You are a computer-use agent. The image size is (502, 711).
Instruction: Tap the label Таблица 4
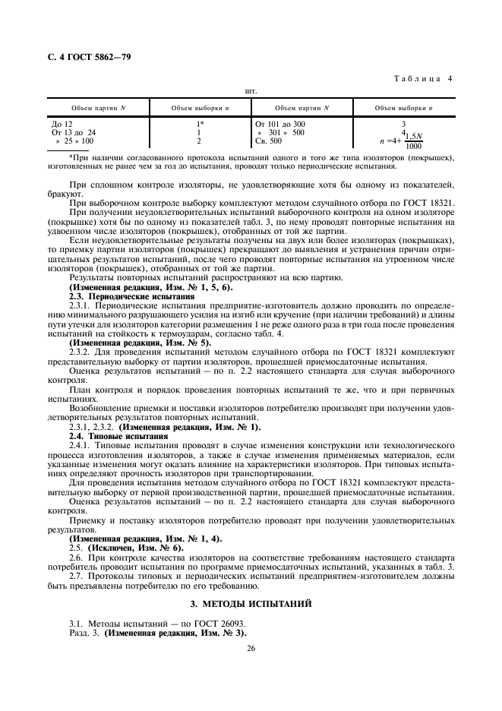click(x=425, y=78)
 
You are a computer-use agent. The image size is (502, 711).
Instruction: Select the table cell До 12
click(x=62, y=124)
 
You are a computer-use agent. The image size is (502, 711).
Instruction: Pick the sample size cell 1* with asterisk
click(x=200, y=124)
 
